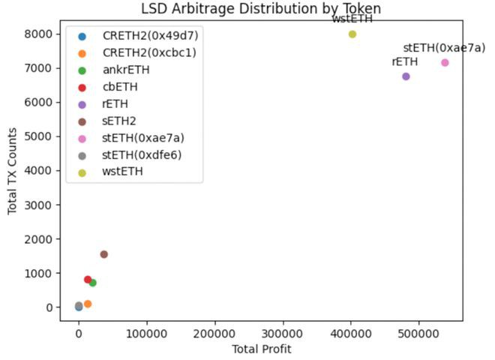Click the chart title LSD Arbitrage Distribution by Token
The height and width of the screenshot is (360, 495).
261,9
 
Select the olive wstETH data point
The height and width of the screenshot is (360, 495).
352,34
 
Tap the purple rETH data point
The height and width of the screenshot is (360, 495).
406,76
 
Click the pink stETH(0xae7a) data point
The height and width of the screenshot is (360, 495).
445,62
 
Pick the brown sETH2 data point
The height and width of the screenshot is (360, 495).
103,254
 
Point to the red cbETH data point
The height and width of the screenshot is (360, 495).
88,280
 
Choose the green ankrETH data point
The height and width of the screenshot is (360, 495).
92,283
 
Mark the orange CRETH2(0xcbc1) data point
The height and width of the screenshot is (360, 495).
88,304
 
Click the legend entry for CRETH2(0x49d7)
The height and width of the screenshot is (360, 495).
151,36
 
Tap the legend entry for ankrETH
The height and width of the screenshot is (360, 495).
126,70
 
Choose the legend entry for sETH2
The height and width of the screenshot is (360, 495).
119,121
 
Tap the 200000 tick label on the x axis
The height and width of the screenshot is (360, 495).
214,330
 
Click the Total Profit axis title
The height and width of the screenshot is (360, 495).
260,348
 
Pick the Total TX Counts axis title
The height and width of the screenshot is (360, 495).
13,171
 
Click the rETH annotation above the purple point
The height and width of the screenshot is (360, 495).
405,61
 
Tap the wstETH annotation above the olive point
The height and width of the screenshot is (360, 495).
352,19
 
